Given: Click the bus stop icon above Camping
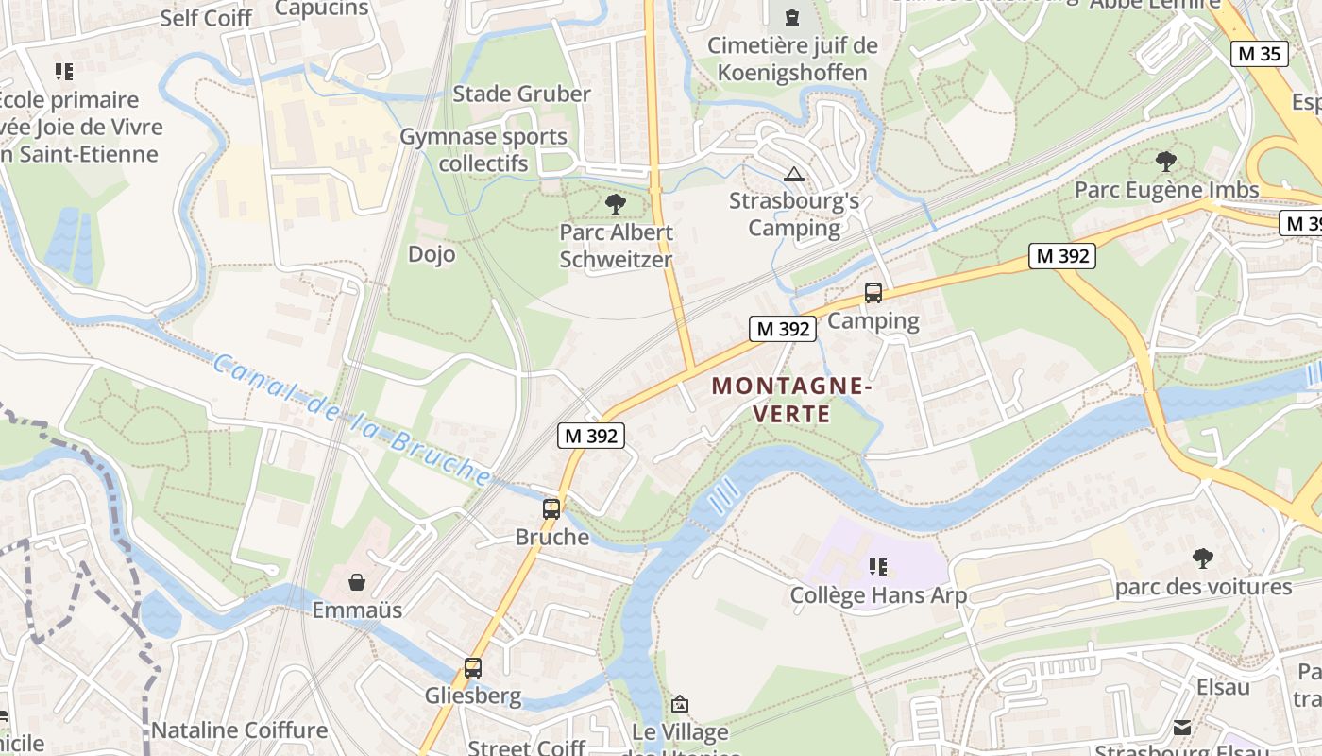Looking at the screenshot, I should pyautogui.click(x=873, y=293).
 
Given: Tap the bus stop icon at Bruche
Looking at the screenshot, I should pyautogui.click(x=551, y=509).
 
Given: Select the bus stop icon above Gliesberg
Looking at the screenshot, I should pyautogui.click(x=473, y=668).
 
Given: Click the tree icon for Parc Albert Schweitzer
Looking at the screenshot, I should pyautogui.click(x=616, y=203).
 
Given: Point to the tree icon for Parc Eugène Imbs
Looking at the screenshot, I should pyautogui.click(x=1166, y=162).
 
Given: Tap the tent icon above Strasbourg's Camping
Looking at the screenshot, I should pyautogui.click(x=794, y=174).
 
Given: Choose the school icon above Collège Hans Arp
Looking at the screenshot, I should pyautogui.click(x=878, y=567).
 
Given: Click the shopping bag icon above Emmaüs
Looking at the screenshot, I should pyautogui.click(x=357, y=582).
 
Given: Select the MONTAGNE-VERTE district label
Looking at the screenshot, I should pyautogui.click(x=790, y=400).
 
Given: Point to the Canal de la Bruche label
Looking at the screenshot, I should pyautogui.click(x=351, y=419).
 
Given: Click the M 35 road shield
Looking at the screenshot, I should pyautogui.click(x=1260, y=54).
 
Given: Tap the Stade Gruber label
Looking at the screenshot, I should pyautogui.click(x=521, y=94).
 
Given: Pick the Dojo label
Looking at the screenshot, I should pyautogui.click(x=432, y=254).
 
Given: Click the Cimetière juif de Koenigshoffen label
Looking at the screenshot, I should pyautogui.click(x=792, y=59).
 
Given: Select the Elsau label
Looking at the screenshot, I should pyautogui.click(x=1223, y=687).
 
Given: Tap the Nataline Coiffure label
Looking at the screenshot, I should pyautogui.click(x=239, y=730).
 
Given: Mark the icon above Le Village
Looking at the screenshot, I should pyautogui.click(x=679, y=704).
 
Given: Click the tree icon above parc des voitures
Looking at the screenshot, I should pyautogui.click(x=1202, y=558).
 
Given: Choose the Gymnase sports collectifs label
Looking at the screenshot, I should pyautogui.click(x=483, y=149).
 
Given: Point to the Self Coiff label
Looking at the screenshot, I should pyautogui.click(x=206, y=18).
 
